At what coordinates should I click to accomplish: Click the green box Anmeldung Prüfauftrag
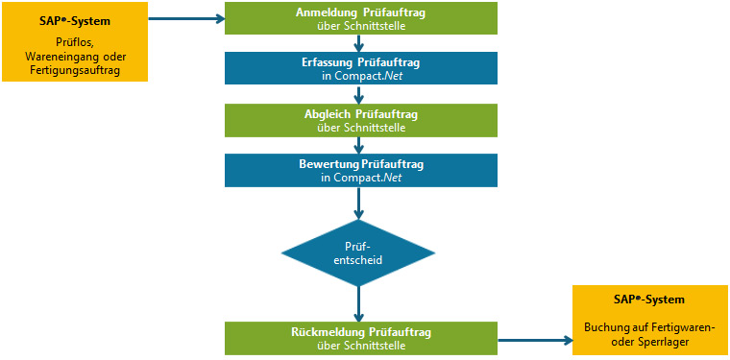coord(361,17)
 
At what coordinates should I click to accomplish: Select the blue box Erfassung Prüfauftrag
coord(361,68)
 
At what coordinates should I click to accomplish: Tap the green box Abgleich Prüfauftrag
coord(361,120)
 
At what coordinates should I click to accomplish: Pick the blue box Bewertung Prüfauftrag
coord(361,171)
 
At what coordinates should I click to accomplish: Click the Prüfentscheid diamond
coord(358,252)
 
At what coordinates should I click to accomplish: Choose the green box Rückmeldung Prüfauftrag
coord(361,338)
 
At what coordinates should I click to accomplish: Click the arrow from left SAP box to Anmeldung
coord(186,18)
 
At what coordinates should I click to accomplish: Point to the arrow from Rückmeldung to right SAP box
coord(534,339)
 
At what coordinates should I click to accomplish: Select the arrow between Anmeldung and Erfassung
coord(358,42)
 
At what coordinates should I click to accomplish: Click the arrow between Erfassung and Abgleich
coord(358,94)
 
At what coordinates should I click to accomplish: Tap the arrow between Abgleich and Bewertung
coord(358,145)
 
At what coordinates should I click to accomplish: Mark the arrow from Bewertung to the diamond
coord(358,203)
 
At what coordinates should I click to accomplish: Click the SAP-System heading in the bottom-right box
coord(649,300)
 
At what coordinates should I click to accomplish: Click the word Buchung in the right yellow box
coord(605,326)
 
